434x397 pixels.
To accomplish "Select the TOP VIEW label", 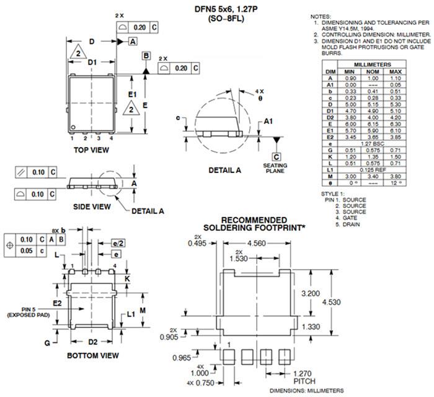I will [91, 149].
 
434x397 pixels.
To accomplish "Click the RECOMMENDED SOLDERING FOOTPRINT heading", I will [254, 224].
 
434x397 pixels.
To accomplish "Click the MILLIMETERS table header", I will [372, 65].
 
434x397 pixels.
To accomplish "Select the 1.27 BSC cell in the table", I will [372, 143].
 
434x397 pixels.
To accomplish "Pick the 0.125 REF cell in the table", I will [372, 169].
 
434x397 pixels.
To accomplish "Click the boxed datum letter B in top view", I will [146, 56].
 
